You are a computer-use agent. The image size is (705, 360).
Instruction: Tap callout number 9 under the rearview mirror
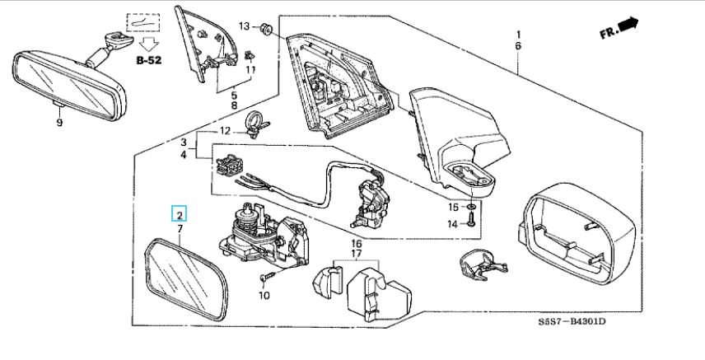59,123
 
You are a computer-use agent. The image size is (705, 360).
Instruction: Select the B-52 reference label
149,60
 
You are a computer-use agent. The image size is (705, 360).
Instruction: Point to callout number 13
244,26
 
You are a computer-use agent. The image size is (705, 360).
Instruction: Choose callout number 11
250,70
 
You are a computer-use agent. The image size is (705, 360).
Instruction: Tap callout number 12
225,131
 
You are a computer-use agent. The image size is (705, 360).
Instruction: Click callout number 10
264,295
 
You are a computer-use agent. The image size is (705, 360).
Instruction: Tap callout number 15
453,207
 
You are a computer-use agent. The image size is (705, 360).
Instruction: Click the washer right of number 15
471,206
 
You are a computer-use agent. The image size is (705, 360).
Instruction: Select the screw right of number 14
471,219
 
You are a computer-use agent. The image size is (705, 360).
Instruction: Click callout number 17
357,254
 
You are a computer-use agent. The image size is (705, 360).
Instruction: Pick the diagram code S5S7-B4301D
572,321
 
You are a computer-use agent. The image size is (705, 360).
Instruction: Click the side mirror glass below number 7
186,279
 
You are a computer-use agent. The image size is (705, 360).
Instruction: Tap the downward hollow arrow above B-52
148,44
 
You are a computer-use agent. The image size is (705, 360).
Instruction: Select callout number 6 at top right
518,46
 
